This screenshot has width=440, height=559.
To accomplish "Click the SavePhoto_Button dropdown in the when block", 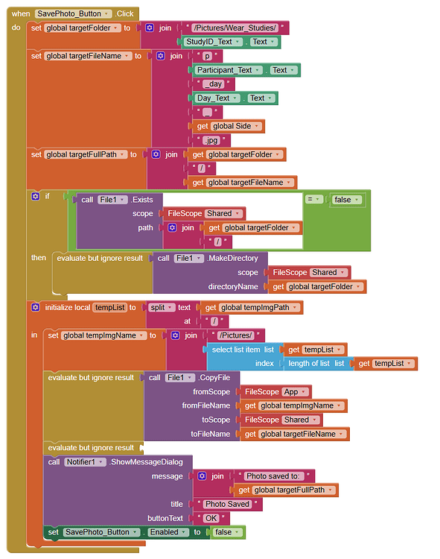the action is tap(73, 14).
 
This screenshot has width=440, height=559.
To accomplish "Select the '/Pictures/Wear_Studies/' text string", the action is tap(235, 28).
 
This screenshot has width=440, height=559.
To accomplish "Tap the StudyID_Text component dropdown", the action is tap(214, 42).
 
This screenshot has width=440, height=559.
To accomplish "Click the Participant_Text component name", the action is tap(224, 70).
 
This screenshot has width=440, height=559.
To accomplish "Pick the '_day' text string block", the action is tap(213, 84).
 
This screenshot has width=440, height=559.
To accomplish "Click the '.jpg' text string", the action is tap(211, 140).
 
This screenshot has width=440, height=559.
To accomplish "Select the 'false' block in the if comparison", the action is tap(347, 200).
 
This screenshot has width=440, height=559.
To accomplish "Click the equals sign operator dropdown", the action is tap(314, 200).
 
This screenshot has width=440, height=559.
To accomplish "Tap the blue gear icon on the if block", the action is tap(35, 196).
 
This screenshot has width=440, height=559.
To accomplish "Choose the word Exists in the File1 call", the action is tap(142, 200).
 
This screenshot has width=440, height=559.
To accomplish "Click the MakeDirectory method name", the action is tap(233, 258).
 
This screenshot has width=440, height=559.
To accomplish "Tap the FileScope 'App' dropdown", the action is tap(296, 391).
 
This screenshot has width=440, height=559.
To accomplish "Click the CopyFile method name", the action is tap(214, 378).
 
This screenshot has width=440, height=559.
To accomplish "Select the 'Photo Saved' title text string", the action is tap(227, 504).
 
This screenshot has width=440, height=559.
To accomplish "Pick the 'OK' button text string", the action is tap(211, 518).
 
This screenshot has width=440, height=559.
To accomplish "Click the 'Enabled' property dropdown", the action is tap(168, 532).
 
